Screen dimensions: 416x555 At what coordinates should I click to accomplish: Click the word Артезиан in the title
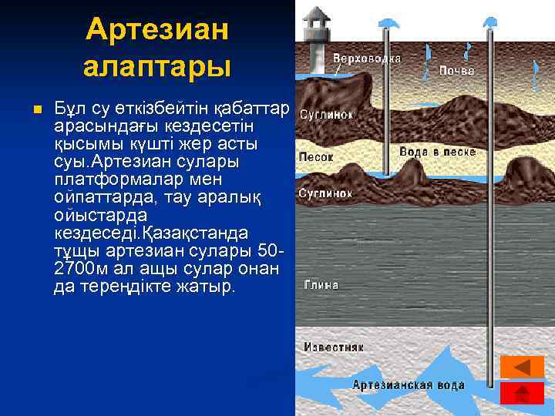[x=157, y=30]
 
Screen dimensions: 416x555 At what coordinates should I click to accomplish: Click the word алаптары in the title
[x=157, y=66]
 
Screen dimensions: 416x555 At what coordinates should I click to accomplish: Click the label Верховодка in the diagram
[x=366, y=59]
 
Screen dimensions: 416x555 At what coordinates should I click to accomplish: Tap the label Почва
[x=456, y=70]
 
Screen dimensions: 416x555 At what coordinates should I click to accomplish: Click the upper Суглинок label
[x=325, y=115]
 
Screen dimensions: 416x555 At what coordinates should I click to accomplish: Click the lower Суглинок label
[x=325, y=193]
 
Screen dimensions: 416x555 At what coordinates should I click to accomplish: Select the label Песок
[x=316, y=156]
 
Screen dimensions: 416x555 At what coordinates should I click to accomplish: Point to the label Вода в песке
[x=437, y=152]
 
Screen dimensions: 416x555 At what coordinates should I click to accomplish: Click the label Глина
[x=321, y=284]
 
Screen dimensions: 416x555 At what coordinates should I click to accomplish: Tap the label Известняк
[x=333, y=347]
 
